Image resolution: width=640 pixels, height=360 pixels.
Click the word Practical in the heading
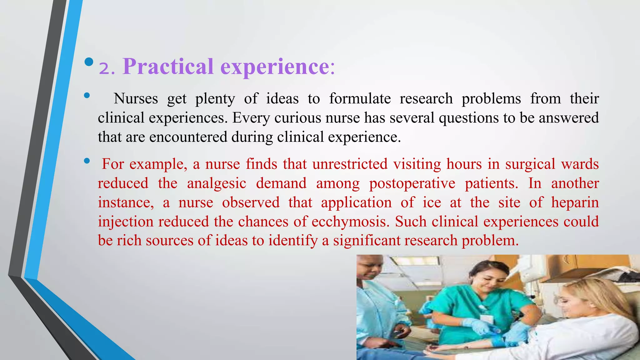coord(168,67)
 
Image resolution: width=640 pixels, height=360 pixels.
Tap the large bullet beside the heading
coord(89,62)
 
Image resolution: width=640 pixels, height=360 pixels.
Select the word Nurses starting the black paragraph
coord(136,99)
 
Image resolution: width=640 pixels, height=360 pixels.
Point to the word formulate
coord(360,99)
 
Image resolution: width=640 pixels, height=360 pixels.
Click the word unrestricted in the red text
coord(350,164)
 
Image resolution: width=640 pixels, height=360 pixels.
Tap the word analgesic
coord(217,183)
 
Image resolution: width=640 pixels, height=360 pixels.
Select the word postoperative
coord(412,183)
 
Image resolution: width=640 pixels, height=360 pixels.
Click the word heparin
coord(575,202)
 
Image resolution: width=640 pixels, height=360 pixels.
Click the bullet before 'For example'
coord(87,161)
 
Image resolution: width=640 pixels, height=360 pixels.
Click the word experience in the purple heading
coord(275,67)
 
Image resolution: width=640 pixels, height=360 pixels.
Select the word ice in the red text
coord(432,202)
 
